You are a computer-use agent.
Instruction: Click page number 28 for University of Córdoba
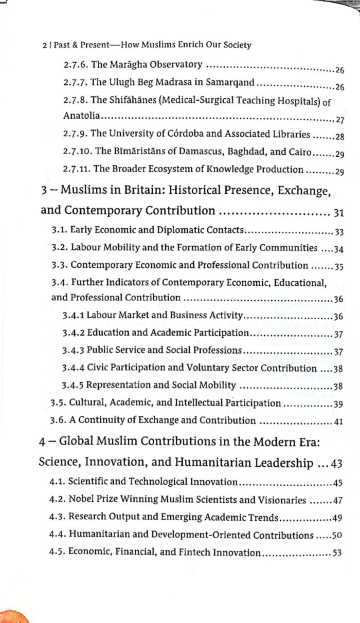tap(339, 137)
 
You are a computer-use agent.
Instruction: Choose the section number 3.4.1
tap(73, 316)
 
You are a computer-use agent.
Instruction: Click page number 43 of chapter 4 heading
tap(336, 464)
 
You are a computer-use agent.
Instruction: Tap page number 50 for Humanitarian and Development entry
tap(337, 536)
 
